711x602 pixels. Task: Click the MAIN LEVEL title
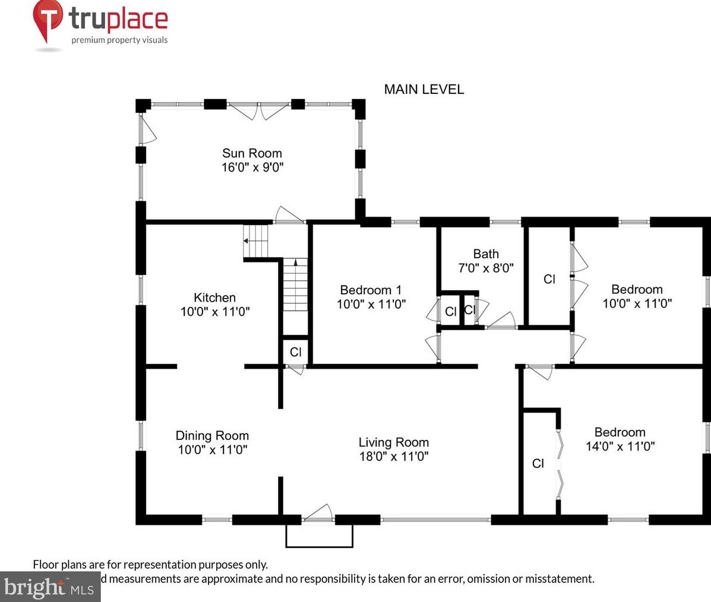point(424,89)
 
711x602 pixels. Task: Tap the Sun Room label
point(252,153)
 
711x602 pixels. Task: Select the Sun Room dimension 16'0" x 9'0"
point(252,167)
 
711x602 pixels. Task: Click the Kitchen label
point(214,297)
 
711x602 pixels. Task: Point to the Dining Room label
point(212,436)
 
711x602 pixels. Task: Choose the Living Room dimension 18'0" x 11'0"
point(393,456)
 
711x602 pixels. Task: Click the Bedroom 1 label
point(371,290)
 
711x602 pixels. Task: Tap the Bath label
point(485,254)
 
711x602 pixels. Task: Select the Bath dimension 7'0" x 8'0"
point(485,268)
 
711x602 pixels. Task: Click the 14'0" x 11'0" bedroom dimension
point(620,446)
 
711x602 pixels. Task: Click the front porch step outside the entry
point(320,536)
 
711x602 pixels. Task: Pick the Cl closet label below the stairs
point(295,352)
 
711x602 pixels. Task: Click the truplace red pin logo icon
point(48,21)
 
